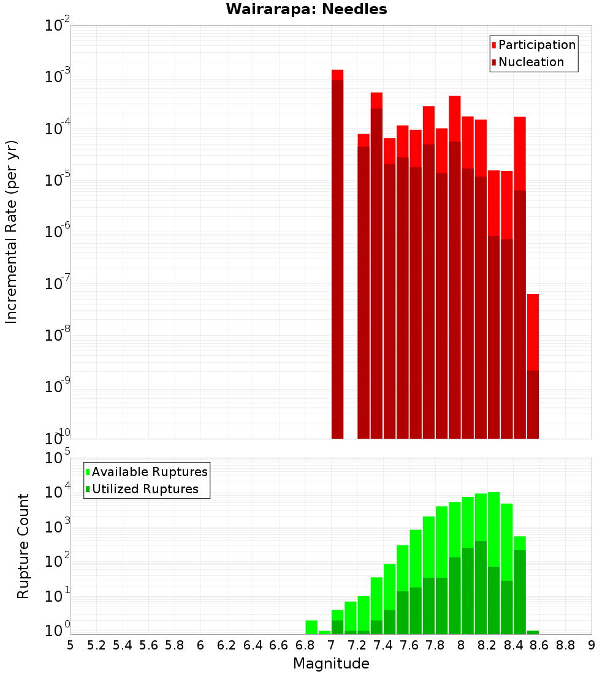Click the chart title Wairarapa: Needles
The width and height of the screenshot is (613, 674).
[306, 9]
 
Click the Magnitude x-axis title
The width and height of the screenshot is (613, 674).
[331, 664]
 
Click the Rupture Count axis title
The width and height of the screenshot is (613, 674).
[23, 546]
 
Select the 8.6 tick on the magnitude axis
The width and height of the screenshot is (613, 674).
[539, 645]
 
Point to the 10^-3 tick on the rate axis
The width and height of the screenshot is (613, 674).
[58, 77]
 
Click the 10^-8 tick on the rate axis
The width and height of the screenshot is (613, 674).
[58, 335]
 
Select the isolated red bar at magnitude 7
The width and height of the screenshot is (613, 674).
[337, 257]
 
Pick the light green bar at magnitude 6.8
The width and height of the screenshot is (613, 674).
[311, 627]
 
